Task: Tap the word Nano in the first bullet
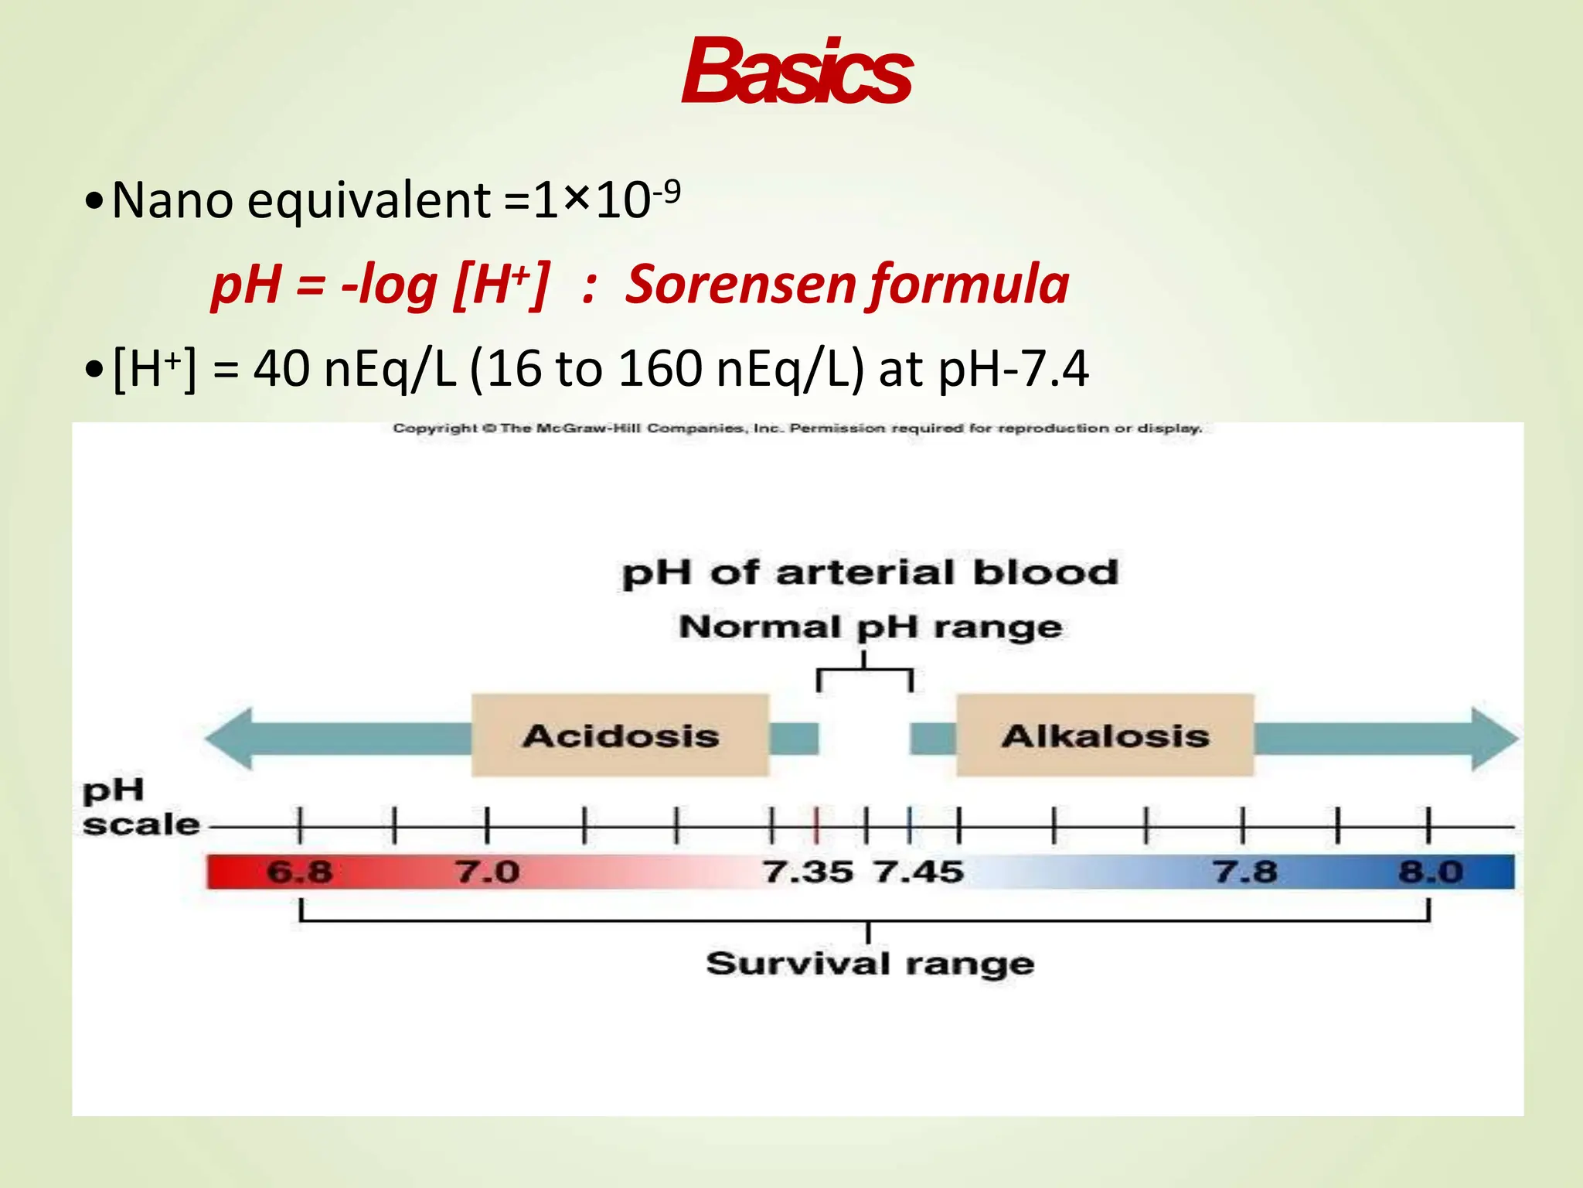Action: tap(172, 200)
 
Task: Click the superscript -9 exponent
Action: tap(667, 189)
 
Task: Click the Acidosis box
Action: tap(620, 735)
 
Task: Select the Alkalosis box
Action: tap(1105, 735)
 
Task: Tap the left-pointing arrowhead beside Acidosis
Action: tap(228, 739)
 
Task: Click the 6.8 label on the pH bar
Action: tap(299, 872)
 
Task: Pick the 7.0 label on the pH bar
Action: tap(487, 872)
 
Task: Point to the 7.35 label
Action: tap(808, 872)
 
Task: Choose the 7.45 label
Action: tap(919, 872)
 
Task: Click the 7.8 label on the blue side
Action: tap(1244, 872)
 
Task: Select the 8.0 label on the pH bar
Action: tap(1431, 872)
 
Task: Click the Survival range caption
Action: tap(870, 964)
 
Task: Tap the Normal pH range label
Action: tap(870, 626)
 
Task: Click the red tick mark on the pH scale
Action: tap(816, 825)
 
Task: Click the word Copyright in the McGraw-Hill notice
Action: tap(435, 428)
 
